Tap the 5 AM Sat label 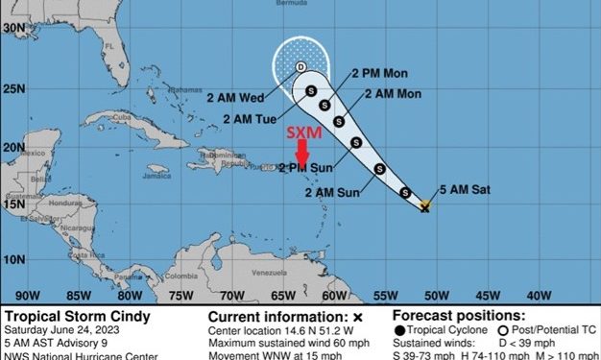tap(466, 190)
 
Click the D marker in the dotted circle tap(300, 66)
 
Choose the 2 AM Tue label tap(251, 118)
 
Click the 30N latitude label tap(12, 29)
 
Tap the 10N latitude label tap(12, 259)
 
